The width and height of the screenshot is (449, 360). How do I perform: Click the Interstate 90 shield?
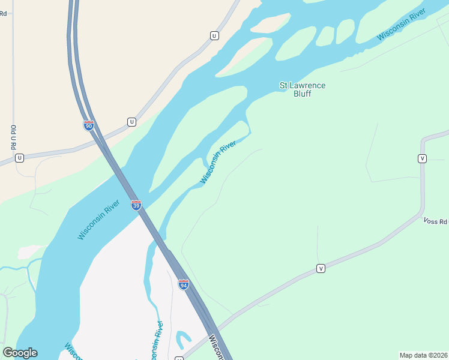point(88,125)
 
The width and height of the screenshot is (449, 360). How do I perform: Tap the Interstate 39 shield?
point(136,205)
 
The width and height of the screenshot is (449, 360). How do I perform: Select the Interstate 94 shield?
point(184,284)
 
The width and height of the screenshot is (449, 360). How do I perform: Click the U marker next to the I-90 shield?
point(131,122)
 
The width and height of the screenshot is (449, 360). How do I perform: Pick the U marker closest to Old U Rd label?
point(19,158)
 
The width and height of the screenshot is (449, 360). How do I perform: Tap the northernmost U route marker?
point(214,36)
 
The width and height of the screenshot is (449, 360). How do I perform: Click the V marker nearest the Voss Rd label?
point(422,158)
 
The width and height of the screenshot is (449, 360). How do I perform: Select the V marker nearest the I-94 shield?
point(321,268)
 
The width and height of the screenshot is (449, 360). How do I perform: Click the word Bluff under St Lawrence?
point(303,94)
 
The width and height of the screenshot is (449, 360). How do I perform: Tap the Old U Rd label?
point(13,137)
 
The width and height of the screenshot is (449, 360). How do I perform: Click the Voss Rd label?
point(436,221)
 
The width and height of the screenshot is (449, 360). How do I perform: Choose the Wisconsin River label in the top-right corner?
point(401,25)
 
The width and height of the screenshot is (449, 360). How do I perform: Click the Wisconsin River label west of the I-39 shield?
point(99,221)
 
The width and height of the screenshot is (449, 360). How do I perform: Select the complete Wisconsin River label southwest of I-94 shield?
point(155,342)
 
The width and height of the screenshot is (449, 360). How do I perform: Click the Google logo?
point(20,353)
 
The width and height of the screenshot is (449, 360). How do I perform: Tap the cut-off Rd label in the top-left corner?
point(4,13)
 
